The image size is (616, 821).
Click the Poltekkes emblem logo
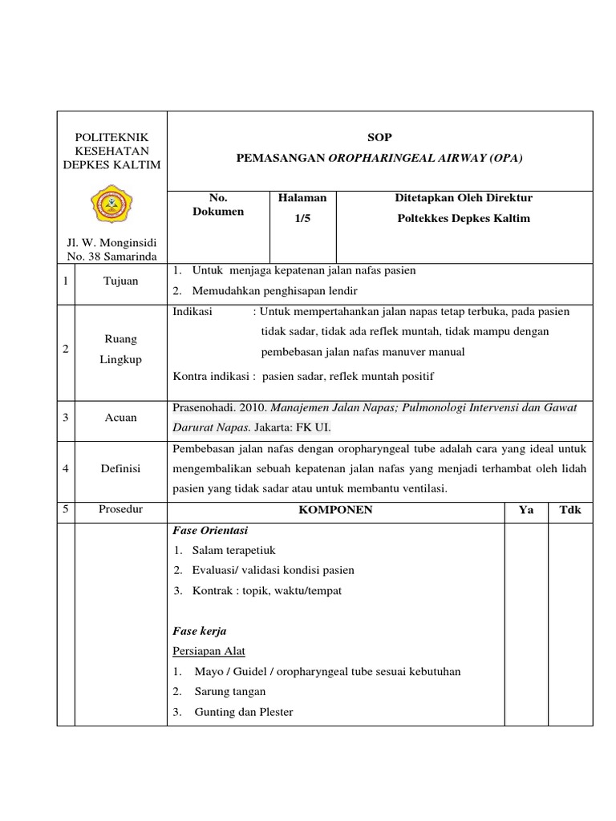pos(111,205)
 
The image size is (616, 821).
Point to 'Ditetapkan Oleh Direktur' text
pos(464,197)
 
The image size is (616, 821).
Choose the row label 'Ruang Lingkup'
pos(120,349)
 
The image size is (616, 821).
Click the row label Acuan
pos(120,417)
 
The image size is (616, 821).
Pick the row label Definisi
pos(120,468)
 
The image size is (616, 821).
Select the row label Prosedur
pos(120,510)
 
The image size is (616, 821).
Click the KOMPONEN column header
pos(335,510)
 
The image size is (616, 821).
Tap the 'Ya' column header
pos(526,510)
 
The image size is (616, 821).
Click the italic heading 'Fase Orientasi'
pos(209,530)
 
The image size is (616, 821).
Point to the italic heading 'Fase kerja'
pos(200,631)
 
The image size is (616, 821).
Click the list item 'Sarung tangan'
pos(229,691)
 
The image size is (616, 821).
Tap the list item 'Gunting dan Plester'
pos(244,711)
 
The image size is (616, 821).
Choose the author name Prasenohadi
pos(207,407)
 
